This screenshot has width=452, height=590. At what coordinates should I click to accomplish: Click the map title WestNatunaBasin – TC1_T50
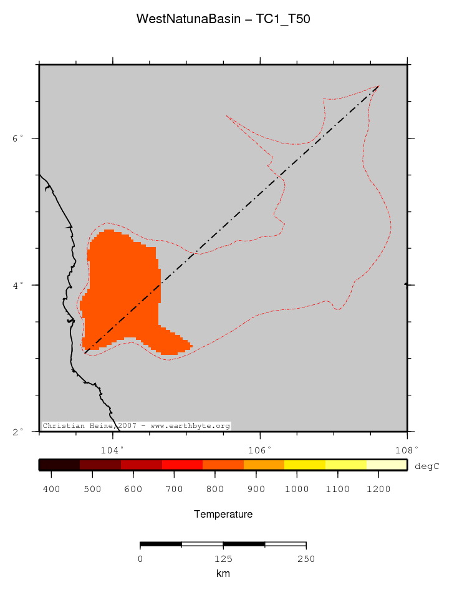tap(223, 19)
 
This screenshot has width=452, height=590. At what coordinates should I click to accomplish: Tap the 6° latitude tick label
tap(18, 138)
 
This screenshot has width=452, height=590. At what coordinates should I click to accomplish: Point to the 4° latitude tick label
tap(18, 285)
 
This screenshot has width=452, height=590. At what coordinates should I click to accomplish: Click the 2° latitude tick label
tap(18, 432)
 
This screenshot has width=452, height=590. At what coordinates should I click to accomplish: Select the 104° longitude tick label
tap(113, 448)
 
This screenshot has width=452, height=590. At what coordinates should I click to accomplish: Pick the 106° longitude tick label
tap(260, 448)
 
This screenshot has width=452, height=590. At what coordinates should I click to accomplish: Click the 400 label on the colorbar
tap(51, 489)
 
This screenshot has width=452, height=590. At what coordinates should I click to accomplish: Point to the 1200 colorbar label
tap(378, 489)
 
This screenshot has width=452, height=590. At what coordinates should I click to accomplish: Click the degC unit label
tap(427, 465)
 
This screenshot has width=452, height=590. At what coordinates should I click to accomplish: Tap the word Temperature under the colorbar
tap(223, 515)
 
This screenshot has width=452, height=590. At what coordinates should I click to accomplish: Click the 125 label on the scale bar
tap(223, 559)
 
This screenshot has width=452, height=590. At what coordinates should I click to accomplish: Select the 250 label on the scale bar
tap(305, 559)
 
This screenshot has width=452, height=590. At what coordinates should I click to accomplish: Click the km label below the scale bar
tap(223, 573)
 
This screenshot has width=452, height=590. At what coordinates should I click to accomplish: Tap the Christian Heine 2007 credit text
tap(136, 426)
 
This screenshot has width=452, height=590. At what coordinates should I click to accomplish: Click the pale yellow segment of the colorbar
tap(387, 465)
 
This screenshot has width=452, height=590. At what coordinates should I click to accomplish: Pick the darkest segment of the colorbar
tap(59, 465)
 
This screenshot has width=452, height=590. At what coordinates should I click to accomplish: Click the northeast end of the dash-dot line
tap(378, 86)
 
